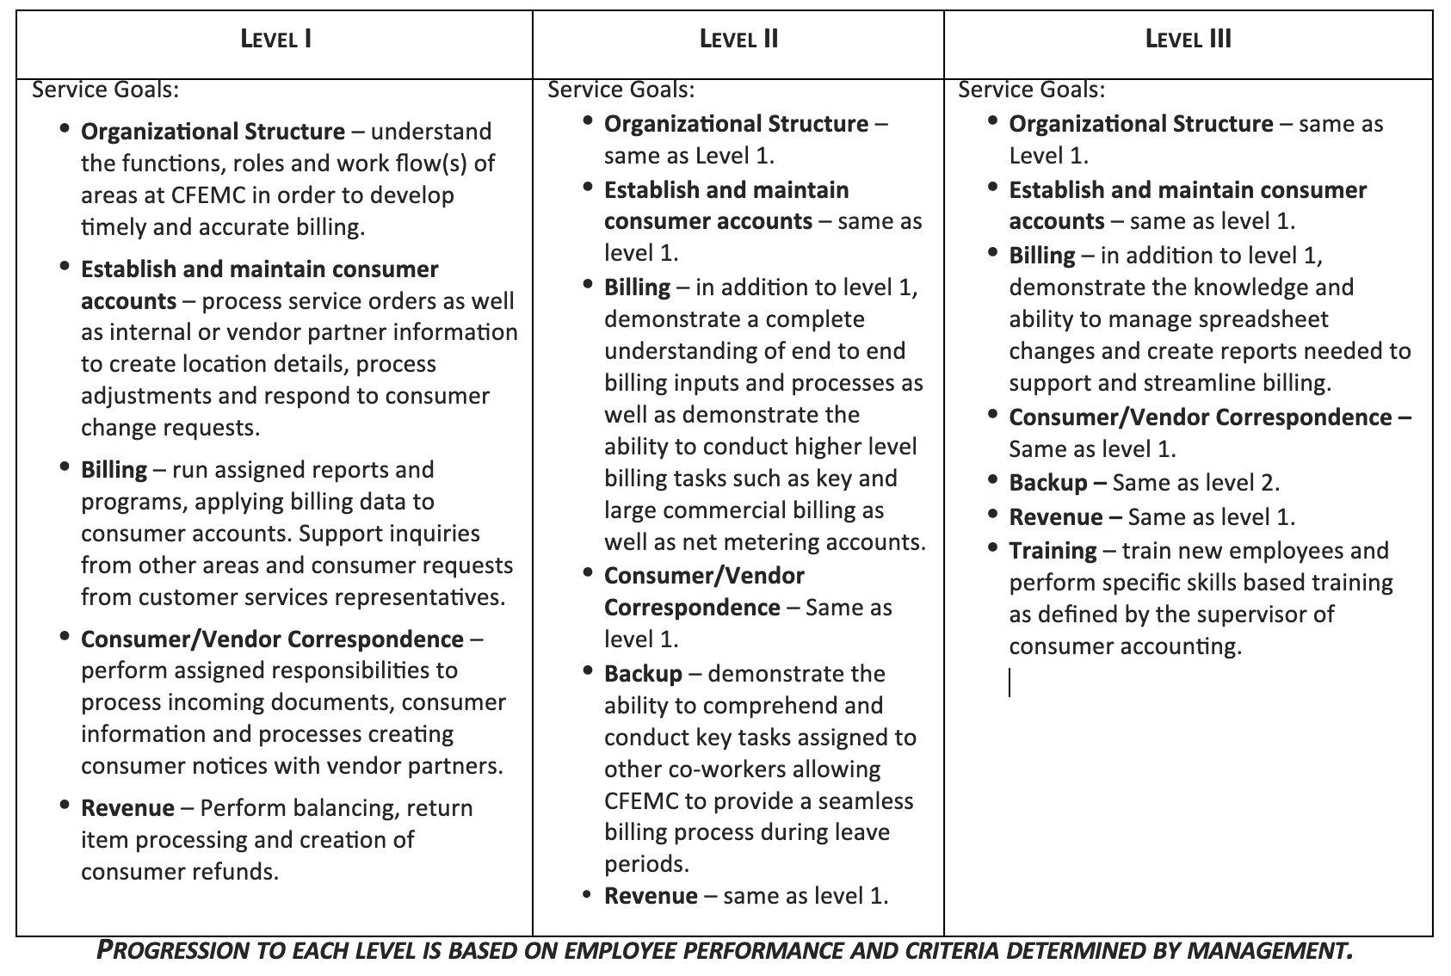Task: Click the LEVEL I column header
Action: click(275, 40)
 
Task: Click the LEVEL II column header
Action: click(738, 40)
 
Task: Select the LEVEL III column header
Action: click(1188, 40)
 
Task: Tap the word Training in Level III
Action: click(1053, 551)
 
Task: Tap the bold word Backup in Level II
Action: click(643, 674)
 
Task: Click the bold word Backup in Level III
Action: click(1047, 483)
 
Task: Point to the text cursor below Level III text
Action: click(1010, 683)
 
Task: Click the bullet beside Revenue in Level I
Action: click(65, 806)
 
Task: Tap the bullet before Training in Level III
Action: click(993, 548)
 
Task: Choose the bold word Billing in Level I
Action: click(114, 470)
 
